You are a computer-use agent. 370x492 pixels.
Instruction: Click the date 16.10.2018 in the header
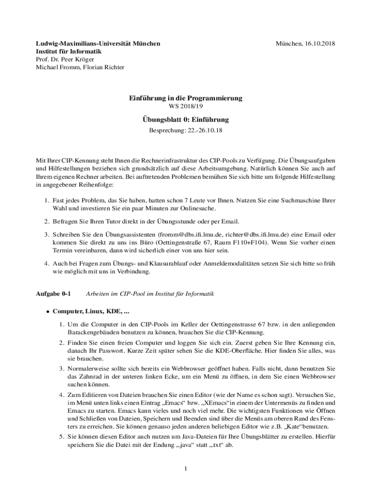[319, 44]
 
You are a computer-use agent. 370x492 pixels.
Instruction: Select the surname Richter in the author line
[113, 67]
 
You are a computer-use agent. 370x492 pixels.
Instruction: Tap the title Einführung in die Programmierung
[185, 98]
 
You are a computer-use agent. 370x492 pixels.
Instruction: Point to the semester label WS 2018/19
[185, 106]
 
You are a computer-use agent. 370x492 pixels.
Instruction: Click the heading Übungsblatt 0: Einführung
[185, 120]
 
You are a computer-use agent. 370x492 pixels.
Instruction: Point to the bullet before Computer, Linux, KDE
[48, 311]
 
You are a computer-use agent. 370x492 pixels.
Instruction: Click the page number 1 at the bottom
[185, 468]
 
